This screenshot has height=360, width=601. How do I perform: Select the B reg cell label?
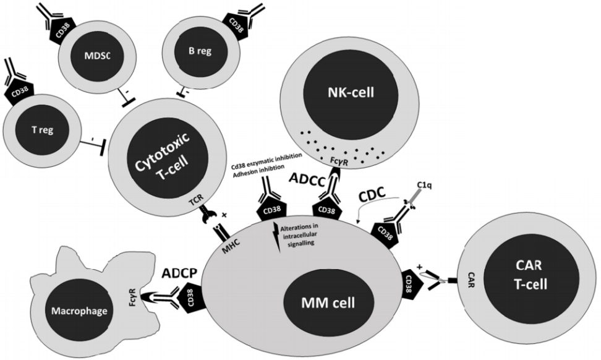(200, 51)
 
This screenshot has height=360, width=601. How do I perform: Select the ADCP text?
(181, 273)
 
